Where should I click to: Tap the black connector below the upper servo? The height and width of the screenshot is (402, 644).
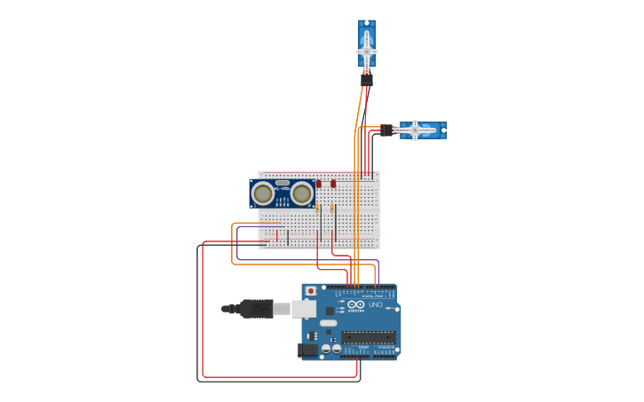[x=367, y=80]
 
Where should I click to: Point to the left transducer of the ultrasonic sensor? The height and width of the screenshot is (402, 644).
[x=262, y=193]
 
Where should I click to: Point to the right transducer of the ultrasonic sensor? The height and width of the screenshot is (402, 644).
[x=302, y=193]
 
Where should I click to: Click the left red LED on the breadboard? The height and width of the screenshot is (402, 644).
[x=319, y=184]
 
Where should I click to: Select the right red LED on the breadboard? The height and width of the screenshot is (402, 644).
[x=333, y=184]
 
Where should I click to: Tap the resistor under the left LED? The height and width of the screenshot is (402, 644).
[x=319, y=209]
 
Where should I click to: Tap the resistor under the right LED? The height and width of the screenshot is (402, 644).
[x=333, y=209]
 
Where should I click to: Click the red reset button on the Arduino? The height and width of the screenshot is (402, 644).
[x=310, y=291]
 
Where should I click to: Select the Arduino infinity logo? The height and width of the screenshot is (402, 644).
[x=354, y=303]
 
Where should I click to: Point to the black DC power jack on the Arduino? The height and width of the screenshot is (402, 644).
[x=307, y=351]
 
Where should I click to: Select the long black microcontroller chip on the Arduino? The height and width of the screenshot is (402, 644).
[x=369, y=337]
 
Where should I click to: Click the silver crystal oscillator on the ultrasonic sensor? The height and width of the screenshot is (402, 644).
[x=282, y=183]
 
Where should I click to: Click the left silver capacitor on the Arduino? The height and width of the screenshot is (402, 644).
[x=326, y=349]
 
